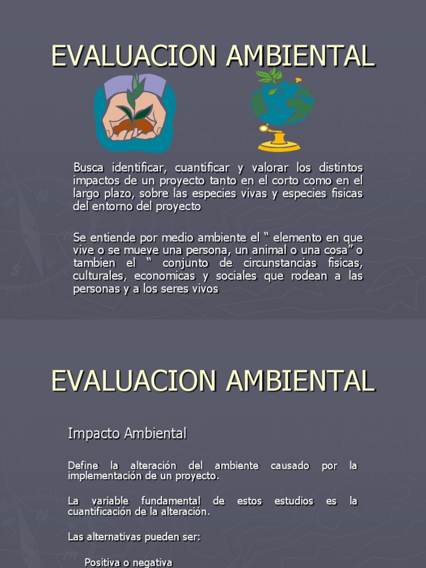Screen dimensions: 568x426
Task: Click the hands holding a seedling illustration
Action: pos(134,113)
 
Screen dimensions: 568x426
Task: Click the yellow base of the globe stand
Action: pos(279,146)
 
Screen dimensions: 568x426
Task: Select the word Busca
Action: pos(89,167)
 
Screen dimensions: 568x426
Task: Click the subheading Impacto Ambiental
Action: pos(127,434)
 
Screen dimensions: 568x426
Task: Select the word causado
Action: pos(290,465)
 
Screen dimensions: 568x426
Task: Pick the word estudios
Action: pos(294,501)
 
